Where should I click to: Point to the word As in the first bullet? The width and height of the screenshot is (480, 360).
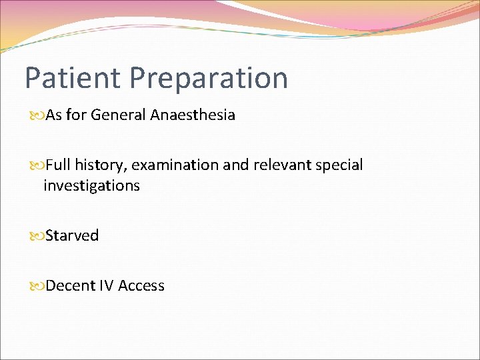pyautogui.click(x=54, y=115)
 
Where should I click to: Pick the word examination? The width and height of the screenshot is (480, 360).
pyautogui.click(x=174, y=165)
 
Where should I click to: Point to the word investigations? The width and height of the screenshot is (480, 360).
pyautogui.click(x=91, y=186)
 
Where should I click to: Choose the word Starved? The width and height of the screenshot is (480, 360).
pyautogui.click(x=72, y=235)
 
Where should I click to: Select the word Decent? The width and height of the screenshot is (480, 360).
pyautogui.click(x=70, y=285)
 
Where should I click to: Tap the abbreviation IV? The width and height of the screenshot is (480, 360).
pyautogui.click(x=106, y=285)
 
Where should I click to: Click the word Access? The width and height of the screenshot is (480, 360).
pyautogui.click(x=141, y=285)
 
